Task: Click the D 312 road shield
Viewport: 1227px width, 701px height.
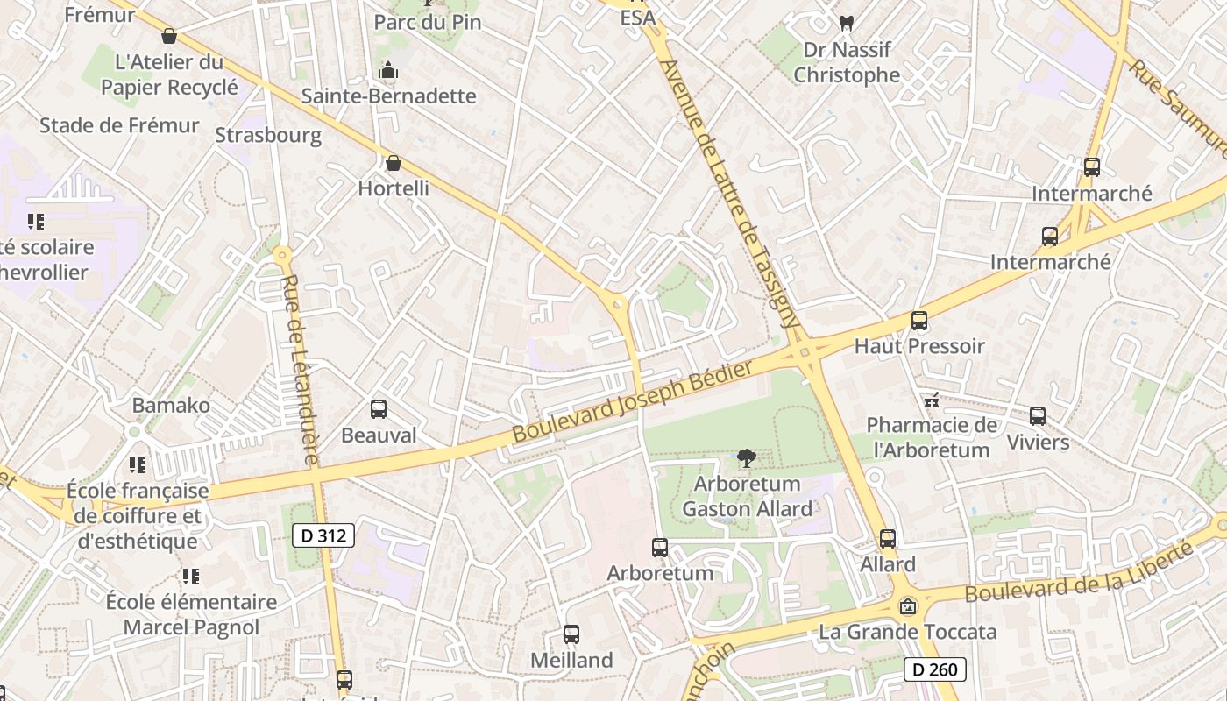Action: [x=323, y=535]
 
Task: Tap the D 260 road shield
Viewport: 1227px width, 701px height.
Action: [x=934, y=669]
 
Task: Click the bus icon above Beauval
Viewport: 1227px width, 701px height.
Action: [x=379, y=408]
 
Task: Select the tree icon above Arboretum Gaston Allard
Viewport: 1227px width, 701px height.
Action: [x=747, y=457]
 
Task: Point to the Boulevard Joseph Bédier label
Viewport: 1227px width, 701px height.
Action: [x=632, y=402]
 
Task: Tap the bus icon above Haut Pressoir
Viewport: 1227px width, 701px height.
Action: [x=918, y=321]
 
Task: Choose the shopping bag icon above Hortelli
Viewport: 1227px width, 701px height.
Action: [x=394, y=163]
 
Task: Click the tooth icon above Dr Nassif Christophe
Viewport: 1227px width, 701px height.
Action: [x=846, y=24]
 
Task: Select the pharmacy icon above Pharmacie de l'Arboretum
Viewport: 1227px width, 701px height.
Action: [x=932, y=401]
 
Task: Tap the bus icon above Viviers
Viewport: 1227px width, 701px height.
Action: [x=1038, y=416]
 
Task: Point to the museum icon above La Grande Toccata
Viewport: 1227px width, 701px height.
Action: [x=908, y=606]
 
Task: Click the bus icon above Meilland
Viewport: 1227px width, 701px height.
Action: [x=571, y=634]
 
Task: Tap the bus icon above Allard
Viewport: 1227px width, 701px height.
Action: [x=888, y=539]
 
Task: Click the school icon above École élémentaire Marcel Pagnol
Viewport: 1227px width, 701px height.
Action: [x=191, y=577]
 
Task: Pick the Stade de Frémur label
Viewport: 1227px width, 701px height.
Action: [x=119, y=125]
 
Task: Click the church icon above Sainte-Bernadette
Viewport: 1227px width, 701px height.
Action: [x=388, y=71]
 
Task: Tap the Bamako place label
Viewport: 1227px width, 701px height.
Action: [x=171, y=405]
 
